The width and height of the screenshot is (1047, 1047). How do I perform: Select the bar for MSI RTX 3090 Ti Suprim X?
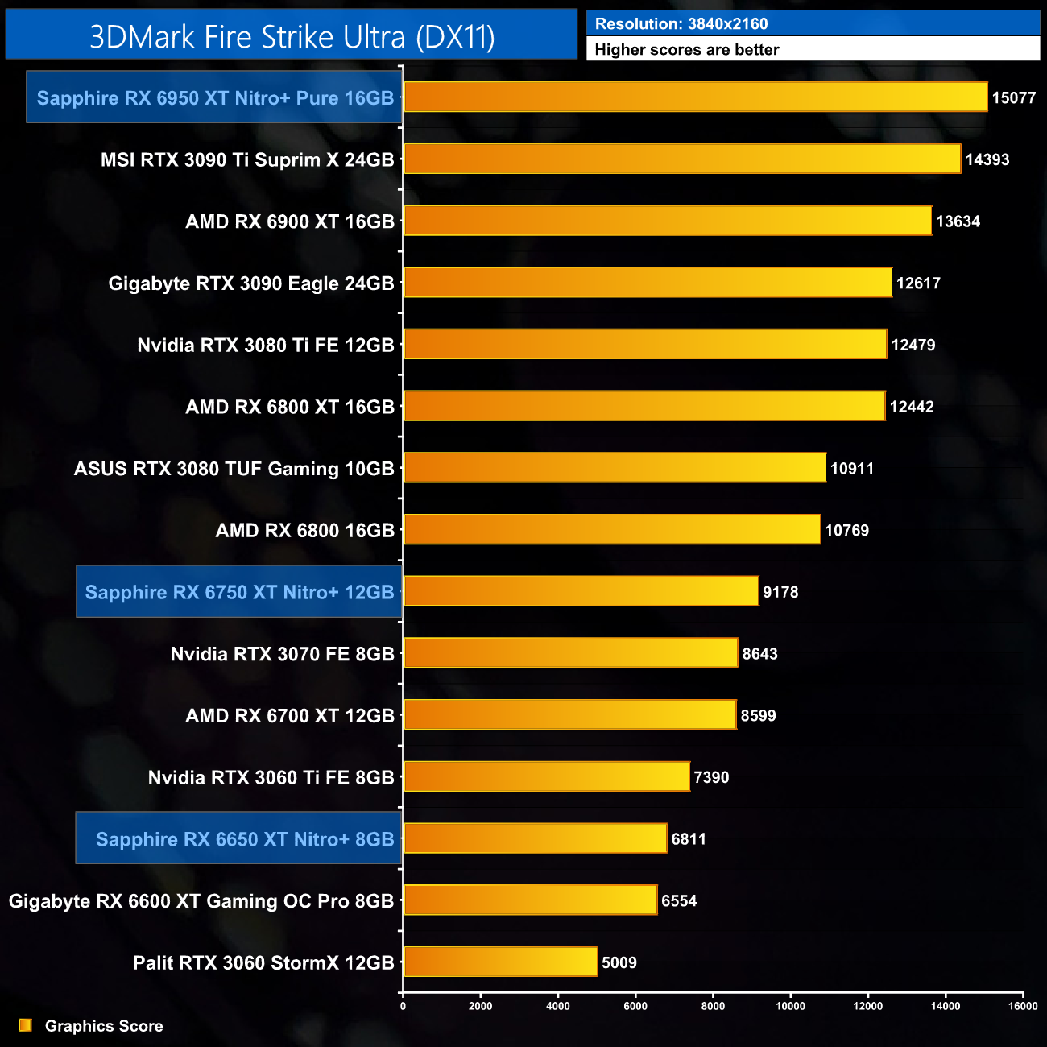coord(682,159)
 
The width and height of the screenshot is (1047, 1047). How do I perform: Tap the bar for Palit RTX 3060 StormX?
coord(500,962)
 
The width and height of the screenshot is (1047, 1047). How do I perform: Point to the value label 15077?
coord(1013,97)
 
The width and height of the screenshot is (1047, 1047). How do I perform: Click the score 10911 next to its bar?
coord(851,468)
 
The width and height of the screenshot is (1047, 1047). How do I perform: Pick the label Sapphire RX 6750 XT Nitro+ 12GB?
coord(239,592)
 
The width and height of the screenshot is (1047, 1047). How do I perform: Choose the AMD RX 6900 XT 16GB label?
coord(290,221)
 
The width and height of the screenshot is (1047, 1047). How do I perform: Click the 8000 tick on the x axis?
coord(713,1005)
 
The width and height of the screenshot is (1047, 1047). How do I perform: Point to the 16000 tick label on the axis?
coord(1023,1005)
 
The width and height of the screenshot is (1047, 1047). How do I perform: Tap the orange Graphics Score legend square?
coord(25,1025)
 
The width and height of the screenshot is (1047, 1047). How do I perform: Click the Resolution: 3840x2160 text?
coord(681,23)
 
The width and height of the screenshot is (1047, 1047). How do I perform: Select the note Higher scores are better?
coord(687,49)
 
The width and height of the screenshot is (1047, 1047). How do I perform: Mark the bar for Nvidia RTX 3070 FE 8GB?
coord(571,652)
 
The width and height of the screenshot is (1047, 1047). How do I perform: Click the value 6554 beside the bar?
coord(679,900)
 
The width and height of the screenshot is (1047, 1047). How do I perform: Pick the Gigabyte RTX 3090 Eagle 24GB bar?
coord(648,282)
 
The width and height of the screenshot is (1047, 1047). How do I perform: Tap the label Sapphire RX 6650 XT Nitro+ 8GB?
coord(244,838)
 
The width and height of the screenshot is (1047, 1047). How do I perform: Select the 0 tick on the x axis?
coord(403,1005)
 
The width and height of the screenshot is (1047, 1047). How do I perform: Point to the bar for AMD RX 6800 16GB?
coord(612,529)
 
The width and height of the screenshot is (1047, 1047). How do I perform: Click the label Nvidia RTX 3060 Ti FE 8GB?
coord(271,777)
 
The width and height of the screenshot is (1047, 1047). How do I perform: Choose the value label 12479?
coord(913,345)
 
